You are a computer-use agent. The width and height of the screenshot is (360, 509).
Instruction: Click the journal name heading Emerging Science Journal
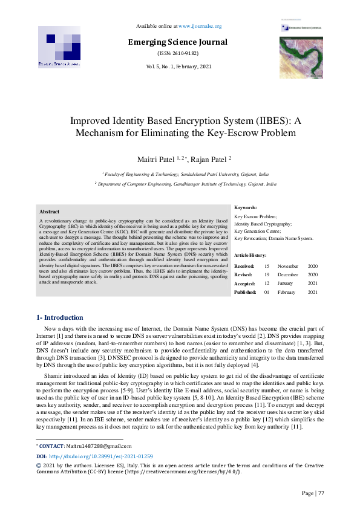177,42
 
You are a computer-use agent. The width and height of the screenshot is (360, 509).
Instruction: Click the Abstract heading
50,212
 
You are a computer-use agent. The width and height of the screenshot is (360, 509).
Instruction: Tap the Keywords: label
246,207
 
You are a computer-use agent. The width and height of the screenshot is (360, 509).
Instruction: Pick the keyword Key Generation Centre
257,231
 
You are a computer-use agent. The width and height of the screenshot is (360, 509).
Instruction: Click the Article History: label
250,256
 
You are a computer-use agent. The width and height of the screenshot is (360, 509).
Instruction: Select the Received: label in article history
244,266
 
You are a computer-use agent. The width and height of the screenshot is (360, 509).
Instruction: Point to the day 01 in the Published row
267,292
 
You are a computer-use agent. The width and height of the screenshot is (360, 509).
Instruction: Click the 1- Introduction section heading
60,317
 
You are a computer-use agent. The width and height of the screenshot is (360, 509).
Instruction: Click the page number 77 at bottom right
321,493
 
